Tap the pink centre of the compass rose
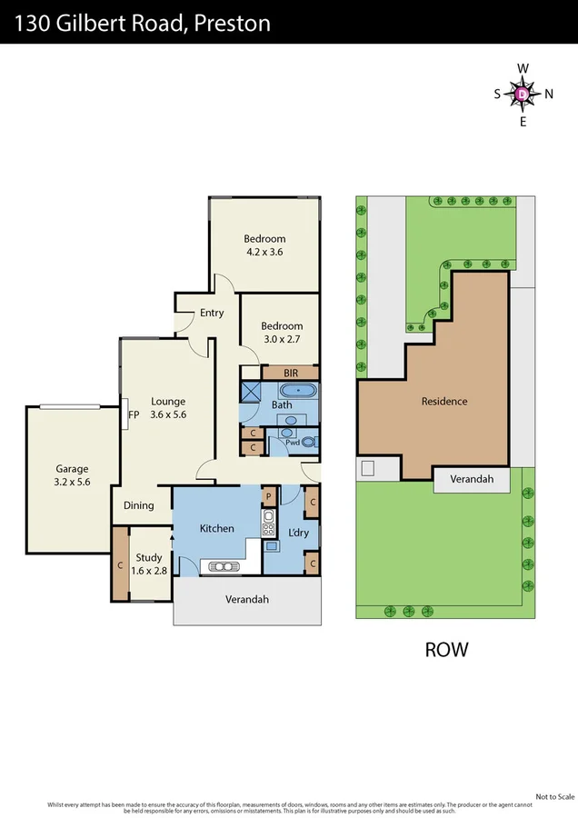523,94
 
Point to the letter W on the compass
523,68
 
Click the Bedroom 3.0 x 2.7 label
282,333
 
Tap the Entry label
212,313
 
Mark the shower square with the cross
251,392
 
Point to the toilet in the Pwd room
309,443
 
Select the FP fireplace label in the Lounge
132,414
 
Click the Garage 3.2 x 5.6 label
71,475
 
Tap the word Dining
138,505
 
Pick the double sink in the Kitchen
223,566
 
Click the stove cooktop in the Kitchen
269,521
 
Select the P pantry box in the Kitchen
269,495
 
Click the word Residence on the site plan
444,401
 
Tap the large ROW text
446,649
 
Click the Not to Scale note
554,796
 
